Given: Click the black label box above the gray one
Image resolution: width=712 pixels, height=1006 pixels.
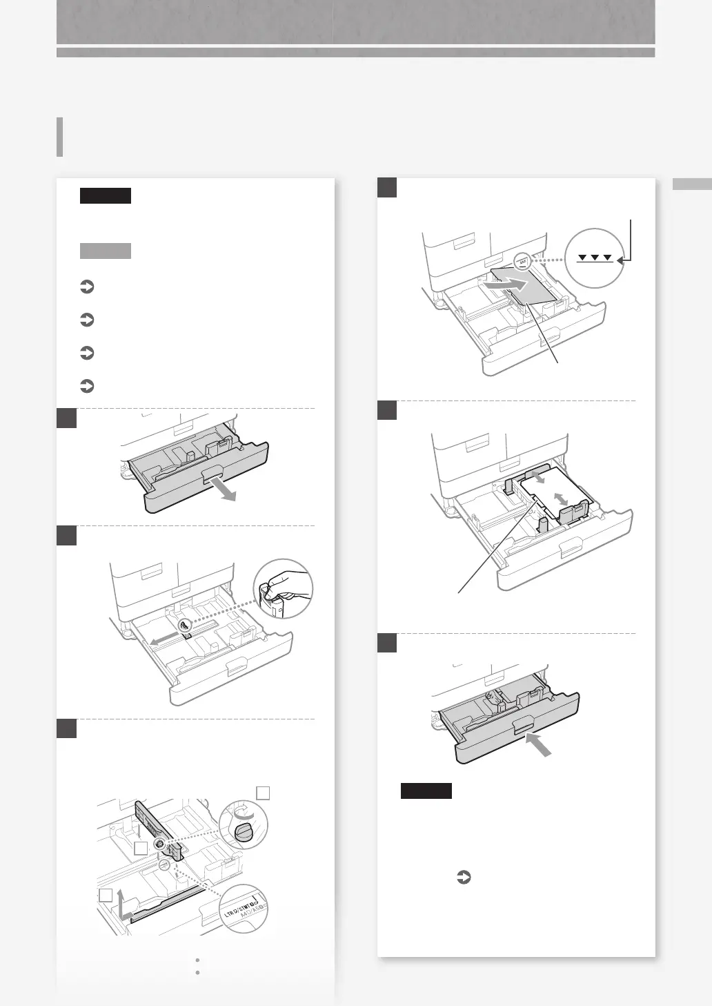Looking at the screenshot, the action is click(x=105, y=195).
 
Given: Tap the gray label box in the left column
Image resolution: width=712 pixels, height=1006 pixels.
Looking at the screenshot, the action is click(x=105, y=250).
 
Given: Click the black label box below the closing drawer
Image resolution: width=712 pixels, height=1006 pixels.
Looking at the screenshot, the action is click(x=426, y=791).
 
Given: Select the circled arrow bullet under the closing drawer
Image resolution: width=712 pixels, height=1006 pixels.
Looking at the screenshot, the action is click(x=464, y=878).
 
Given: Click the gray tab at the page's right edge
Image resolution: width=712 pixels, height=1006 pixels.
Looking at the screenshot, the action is click(x=691, y=184).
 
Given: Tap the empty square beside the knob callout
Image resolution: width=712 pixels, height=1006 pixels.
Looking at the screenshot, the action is click(x=262, y=793).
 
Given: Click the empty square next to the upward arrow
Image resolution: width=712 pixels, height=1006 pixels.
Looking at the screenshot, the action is click(x=106, y=896).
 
